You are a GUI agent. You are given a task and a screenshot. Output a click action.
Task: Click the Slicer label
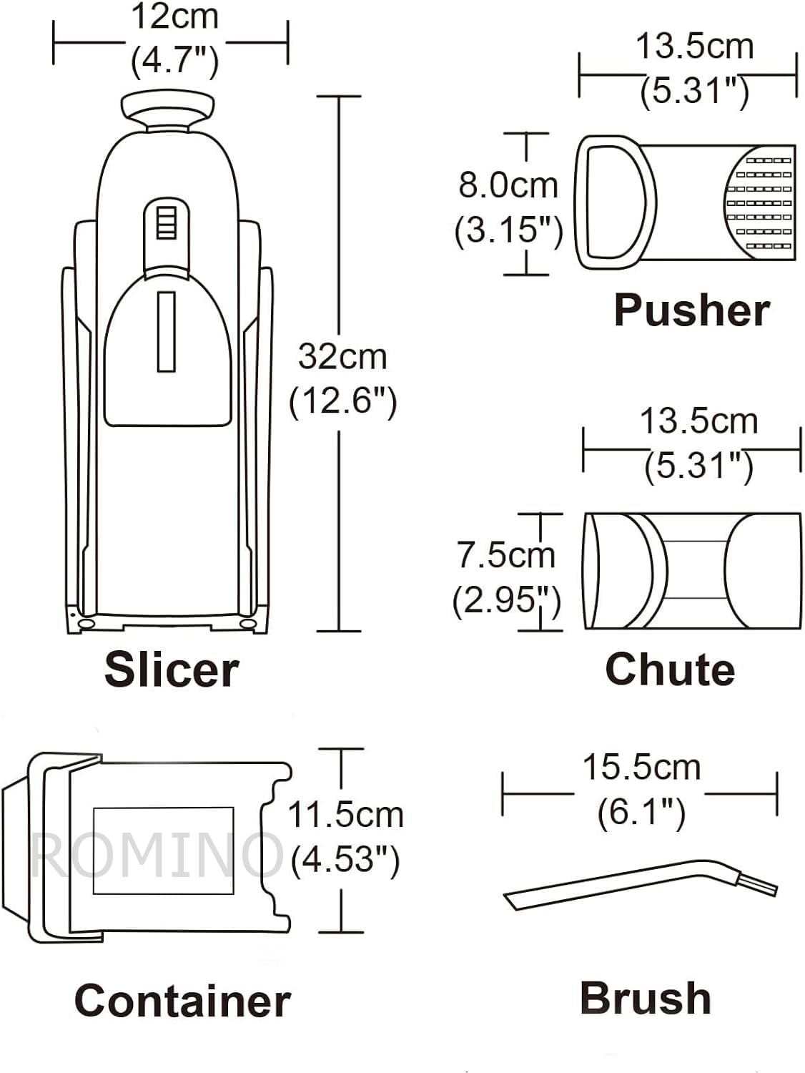[x=172, y=670]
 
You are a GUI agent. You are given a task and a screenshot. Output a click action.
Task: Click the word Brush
[x=646, y=998]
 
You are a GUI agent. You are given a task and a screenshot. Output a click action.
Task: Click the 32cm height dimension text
[x=342, y=357]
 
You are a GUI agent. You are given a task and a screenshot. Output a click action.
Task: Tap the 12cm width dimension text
[x=175, y=17]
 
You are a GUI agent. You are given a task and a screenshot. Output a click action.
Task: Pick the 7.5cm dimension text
[x=506, y=555]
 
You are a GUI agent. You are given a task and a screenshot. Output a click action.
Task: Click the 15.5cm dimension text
[x=641, y=768]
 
